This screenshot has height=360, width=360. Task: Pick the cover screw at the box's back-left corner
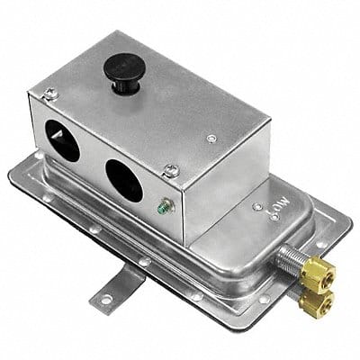point(51,92)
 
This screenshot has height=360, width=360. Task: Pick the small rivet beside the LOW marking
point(257,206)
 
